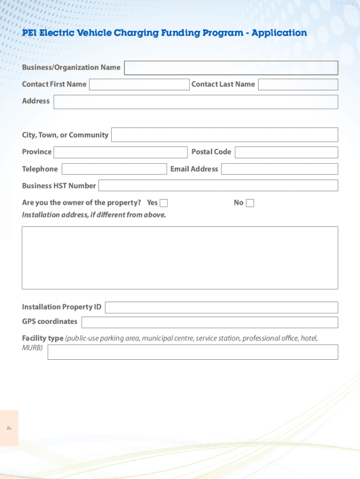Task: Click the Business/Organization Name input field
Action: point(231,68)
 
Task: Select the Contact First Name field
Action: point(139,85)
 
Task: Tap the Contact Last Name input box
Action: point(298,85)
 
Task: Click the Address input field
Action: point(195,102)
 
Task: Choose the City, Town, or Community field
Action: point(224,135)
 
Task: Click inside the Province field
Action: point(120,152)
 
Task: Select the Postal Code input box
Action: point(286,152)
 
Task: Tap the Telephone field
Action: point(114,169)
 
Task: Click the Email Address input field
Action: point(279,169)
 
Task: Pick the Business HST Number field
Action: point(218,186)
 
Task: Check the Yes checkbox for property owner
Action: point(164,203)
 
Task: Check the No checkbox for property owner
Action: point(250,203)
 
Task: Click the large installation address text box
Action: point(180,258)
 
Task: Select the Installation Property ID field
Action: point(221,307)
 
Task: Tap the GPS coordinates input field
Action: point(209,322)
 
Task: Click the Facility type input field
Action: point(193,352)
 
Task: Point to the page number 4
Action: point(9,428)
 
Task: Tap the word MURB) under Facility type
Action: point(32,348)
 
